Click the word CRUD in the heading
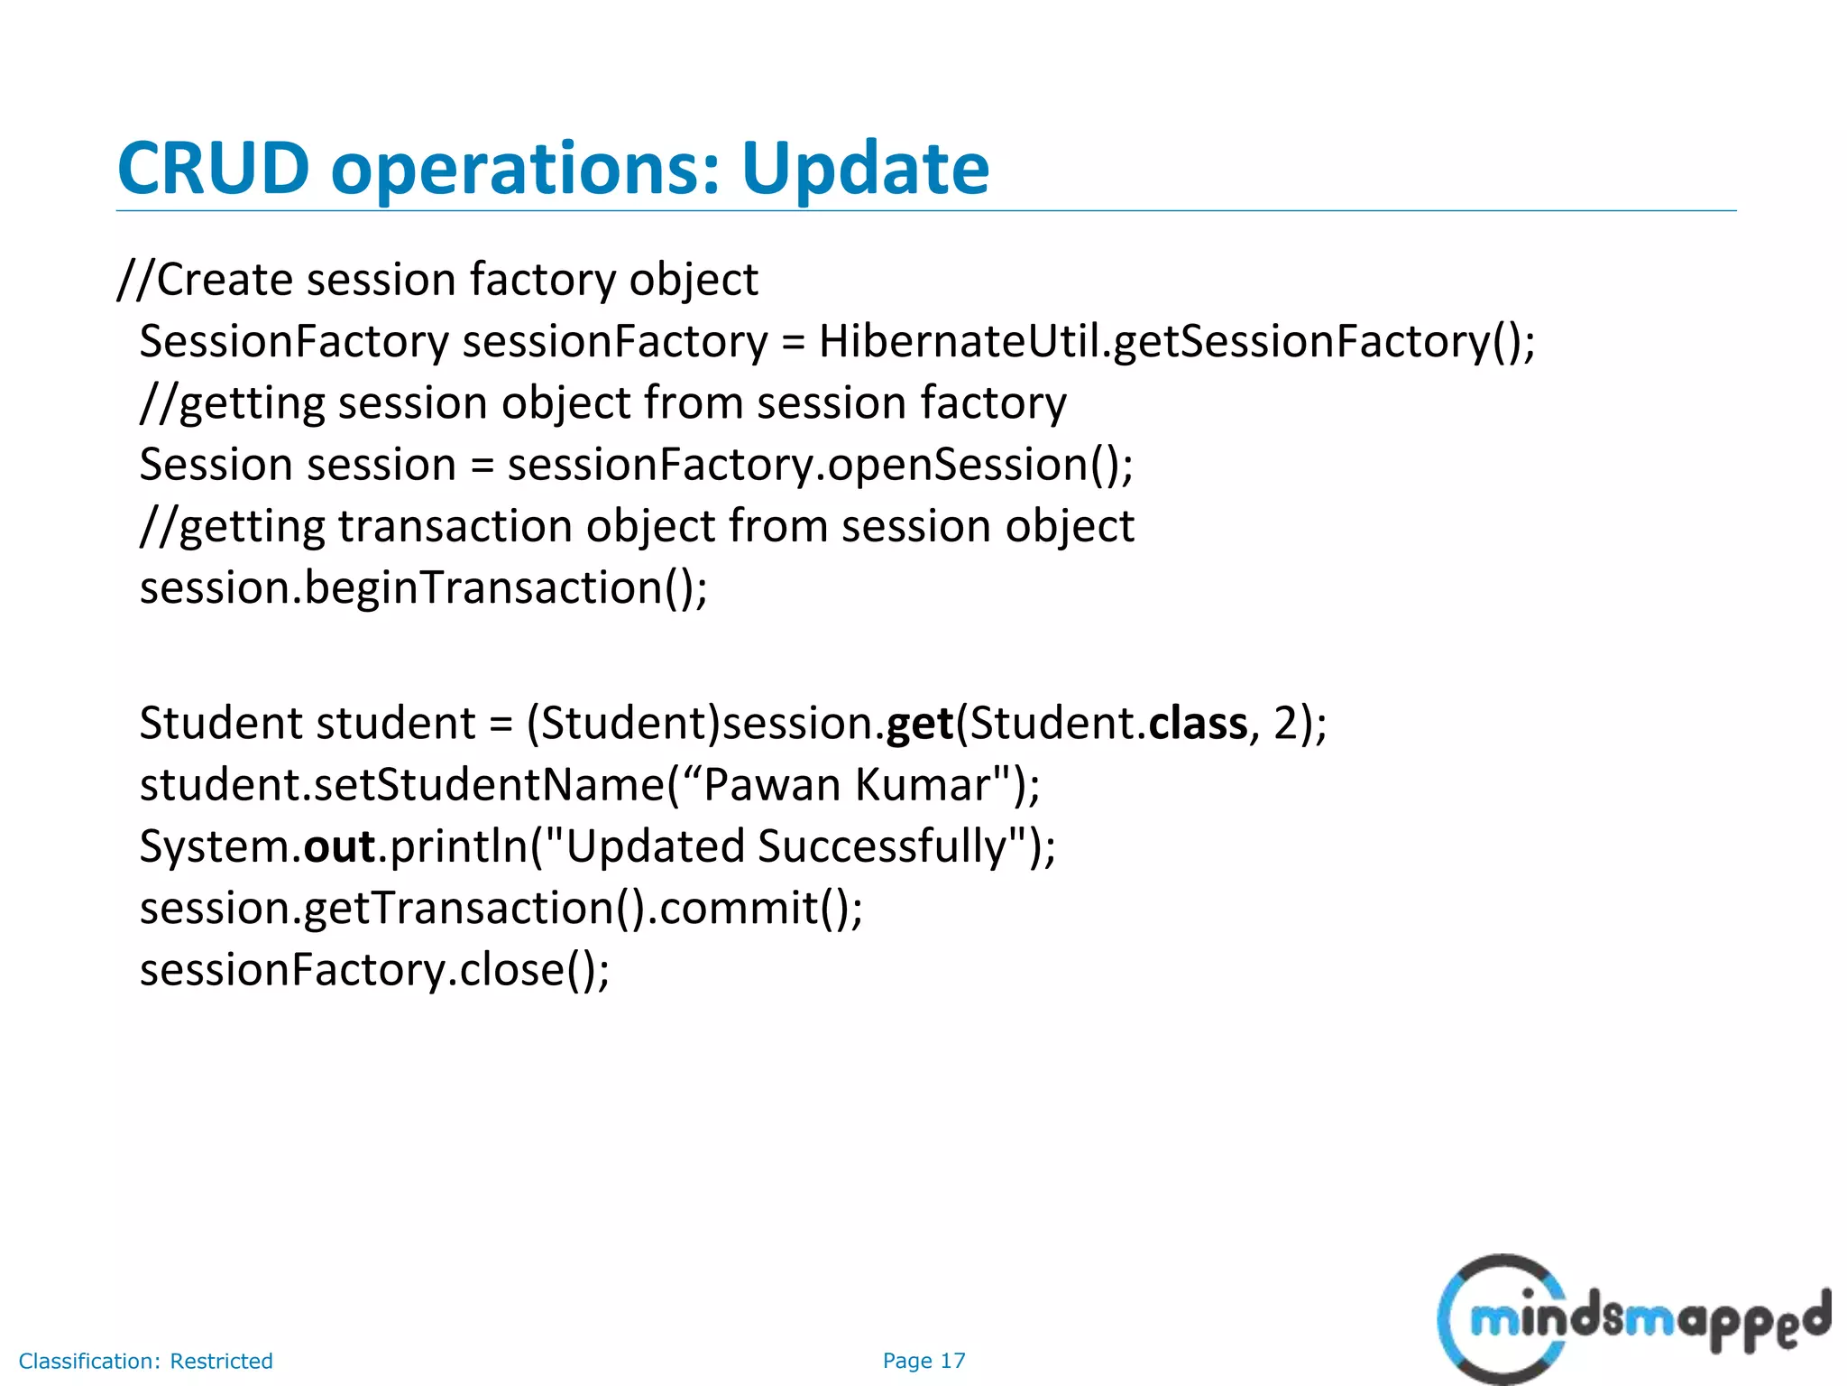point(213,169)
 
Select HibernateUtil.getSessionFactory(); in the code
point(1176,342)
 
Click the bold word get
point(920,724)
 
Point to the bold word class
point(1198,724)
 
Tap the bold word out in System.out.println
point(339,846)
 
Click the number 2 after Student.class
point(1284,724)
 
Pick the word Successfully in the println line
point(881,846)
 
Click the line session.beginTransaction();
point(424,588)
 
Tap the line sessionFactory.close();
point(374,970)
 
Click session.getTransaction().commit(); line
point(501,908)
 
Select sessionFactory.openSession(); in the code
point(820,466)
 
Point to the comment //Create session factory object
point(438,280)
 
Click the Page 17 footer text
point(923,1361)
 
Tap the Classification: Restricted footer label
point(146,1361)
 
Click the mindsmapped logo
point(1632,1319)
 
